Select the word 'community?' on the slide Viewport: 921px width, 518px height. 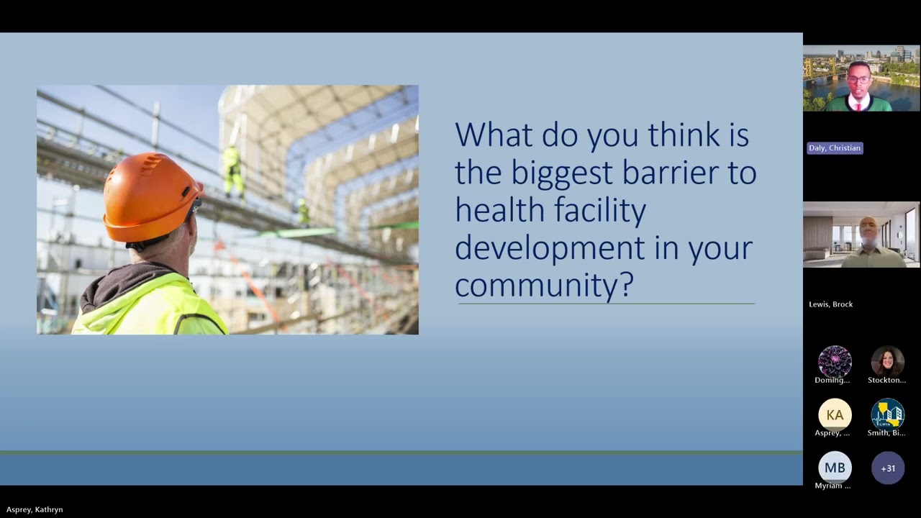click(544, 284)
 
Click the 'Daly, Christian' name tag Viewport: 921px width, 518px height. click(834, 148)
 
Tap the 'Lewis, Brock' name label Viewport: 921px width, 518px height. click(830, 304)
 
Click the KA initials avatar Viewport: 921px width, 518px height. click(835, 415)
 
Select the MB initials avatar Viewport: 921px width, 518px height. click(835, 468)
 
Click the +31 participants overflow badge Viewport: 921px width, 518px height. click(888, 468)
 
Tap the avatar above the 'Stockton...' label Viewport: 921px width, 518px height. click(887, 361)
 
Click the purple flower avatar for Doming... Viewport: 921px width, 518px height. click(835, 361)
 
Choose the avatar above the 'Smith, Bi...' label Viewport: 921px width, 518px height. click(887, 415)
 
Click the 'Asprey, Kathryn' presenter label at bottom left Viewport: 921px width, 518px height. click(35, 509)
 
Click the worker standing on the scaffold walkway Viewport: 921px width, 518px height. click(232, 171)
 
